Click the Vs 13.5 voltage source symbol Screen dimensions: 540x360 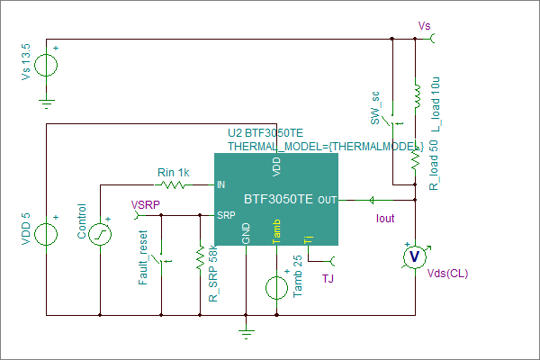[46, 65]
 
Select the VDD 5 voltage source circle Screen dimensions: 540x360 [46, 234]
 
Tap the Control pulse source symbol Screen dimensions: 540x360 [100, 234]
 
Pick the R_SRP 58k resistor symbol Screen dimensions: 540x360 [200, 257]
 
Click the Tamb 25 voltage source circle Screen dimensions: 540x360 [276, 288]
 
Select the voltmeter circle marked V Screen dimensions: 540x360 [415, 256]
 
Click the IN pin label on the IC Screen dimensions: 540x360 [220, 185]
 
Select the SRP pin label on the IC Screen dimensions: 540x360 [226, 215]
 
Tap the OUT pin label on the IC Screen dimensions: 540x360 [328, 200]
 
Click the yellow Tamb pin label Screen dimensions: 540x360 [276, 231]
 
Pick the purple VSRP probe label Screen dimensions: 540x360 [145, 205]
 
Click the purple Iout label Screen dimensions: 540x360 [385, 219]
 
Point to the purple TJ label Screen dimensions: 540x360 [328, 278]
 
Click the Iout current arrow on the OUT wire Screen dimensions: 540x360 [372, 200]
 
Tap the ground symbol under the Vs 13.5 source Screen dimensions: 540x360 [47, 103]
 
